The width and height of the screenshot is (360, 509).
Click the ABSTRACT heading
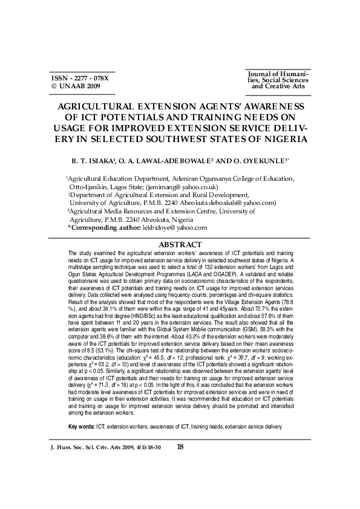click(x=180, y=244)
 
